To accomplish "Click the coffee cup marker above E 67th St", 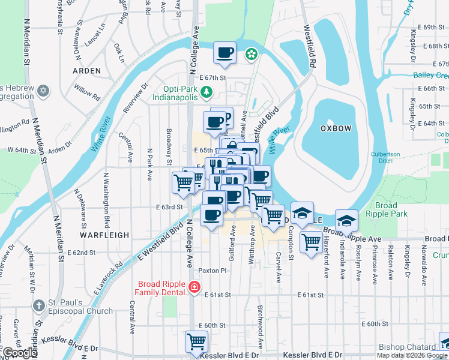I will coord(224,53).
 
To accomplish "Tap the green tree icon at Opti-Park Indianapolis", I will coord(206,91).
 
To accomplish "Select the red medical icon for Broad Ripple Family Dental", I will coord(194,288).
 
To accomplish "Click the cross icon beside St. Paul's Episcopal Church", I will coord(39,305).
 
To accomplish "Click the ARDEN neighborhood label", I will coord(86,70).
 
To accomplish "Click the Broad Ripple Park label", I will coord(387,209).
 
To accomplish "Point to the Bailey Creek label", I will coord(430,75).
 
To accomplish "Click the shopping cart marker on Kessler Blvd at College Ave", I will coord(196,342).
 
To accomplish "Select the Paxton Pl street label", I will coord(213,271).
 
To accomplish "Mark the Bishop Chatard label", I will coord(407,347).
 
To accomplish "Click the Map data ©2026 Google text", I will coord(412,355).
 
